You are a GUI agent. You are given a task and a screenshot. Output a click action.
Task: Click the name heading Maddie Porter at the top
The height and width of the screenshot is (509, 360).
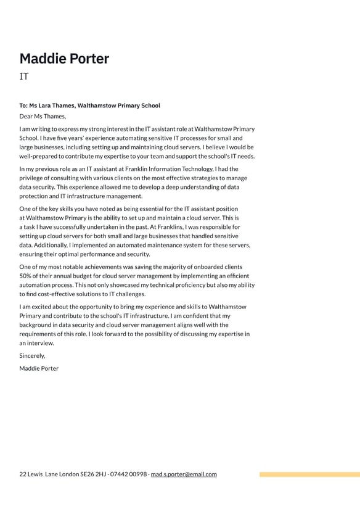coord(64,59)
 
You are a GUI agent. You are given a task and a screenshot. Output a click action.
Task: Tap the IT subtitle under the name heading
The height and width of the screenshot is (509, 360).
coord(24,77)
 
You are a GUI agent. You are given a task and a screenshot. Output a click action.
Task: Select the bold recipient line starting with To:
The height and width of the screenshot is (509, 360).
coord(89,106)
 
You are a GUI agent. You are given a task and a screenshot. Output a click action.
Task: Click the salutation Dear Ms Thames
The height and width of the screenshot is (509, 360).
coord(42,116)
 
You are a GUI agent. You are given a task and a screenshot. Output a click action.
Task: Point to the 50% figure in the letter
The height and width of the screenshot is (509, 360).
coord(27,276)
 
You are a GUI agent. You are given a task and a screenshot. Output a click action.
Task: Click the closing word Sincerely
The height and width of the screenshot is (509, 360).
coord(32,356)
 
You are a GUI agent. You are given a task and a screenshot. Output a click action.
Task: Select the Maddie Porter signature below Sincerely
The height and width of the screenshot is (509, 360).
coord(39,368)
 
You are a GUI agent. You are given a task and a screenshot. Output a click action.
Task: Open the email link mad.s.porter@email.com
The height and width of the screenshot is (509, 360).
coord(184,474)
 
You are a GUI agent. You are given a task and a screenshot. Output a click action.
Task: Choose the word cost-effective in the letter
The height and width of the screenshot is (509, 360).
coord(59,294)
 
